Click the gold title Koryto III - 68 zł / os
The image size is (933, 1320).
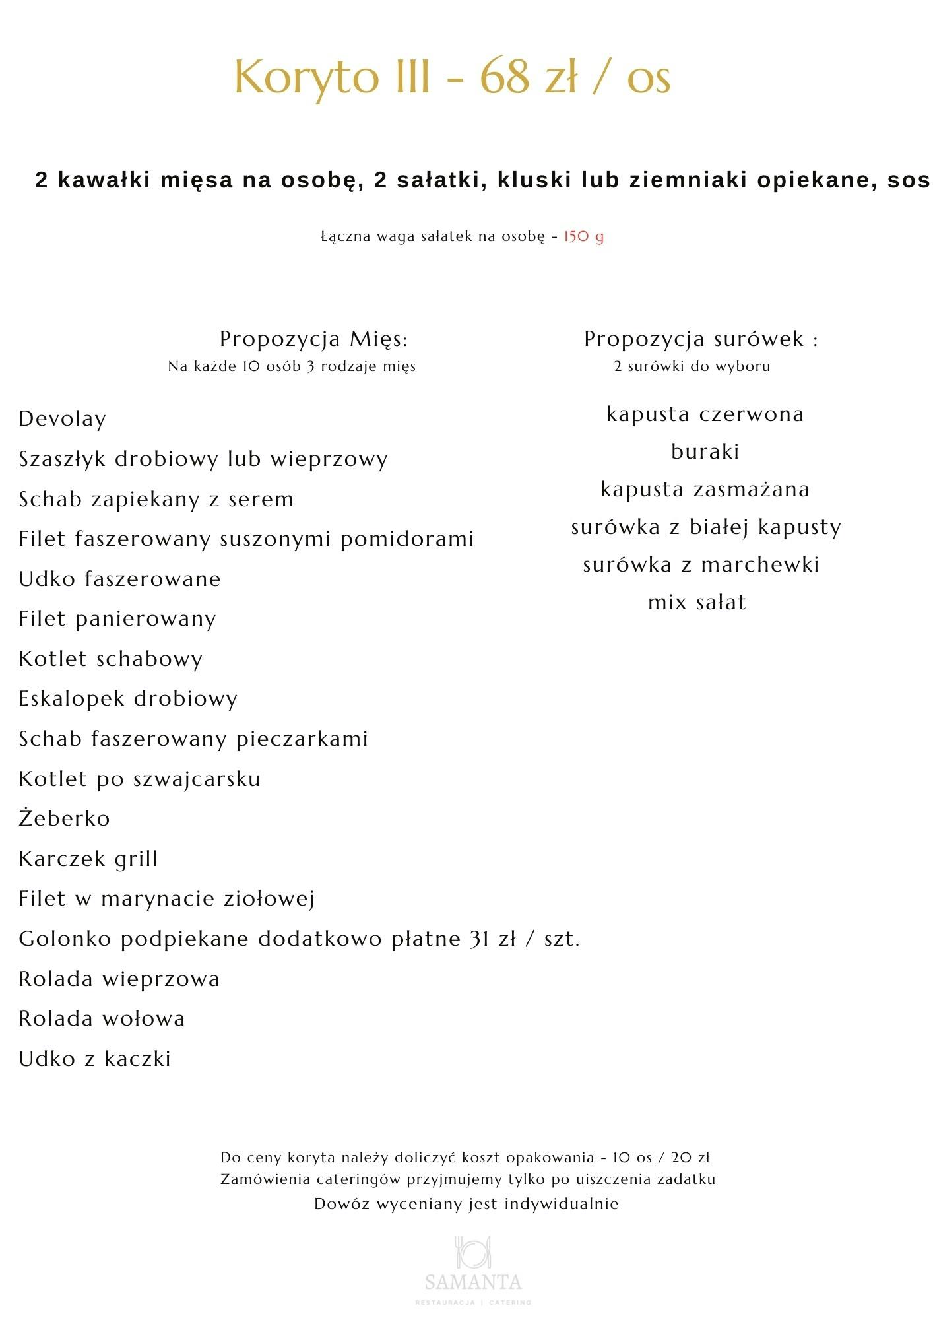[x=453, y=77]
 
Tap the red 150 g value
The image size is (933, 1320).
[x=583, y=236]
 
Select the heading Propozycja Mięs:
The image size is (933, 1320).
[x=313, y=339]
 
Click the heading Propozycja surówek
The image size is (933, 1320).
[x=699, y=339]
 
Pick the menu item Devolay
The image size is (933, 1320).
[x=62, y=419]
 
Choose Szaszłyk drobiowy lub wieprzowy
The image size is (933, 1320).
[x=203, y=459]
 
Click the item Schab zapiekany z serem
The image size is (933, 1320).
[x=156, y=499]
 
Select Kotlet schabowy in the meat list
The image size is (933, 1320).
[x=110, y=659]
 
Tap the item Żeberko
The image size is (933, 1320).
[x=64, y=818]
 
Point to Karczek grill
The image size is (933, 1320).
[x=88, y=859]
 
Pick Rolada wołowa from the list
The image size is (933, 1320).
[x=102, y=1018]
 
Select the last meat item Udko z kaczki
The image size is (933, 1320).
[x=94, y=1059]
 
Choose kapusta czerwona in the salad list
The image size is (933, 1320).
[x=705, y=414]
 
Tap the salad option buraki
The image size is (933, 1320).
[x=705, y=452]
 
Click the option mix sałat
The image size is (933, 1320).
[x=697, y=602]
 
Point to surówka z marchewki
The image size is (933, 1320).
[x=701, y=565]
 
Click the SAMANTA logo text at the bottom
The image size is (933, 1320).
[x=473, y=1282]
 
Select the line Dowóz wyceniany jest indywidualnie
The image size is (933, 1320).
[x=466, y=1204]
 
